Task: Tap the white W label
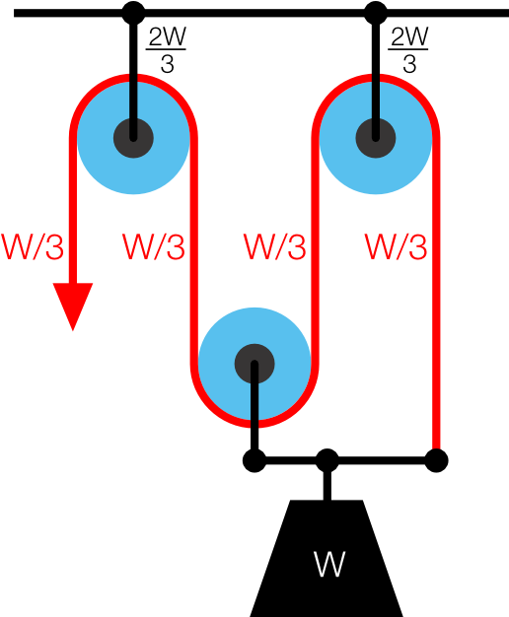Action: pos(329,565)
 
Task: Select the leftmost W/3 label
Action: pos(33,247)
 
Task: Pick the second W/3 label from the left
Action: pos(154,247)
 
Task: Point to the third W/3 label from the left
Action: pos(274,247)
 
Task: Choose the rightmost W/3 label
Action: pos(396,247)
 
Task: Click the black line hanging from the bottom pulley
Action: pos(254,404)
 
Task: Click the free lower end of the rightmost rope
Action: pos(436,444)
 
